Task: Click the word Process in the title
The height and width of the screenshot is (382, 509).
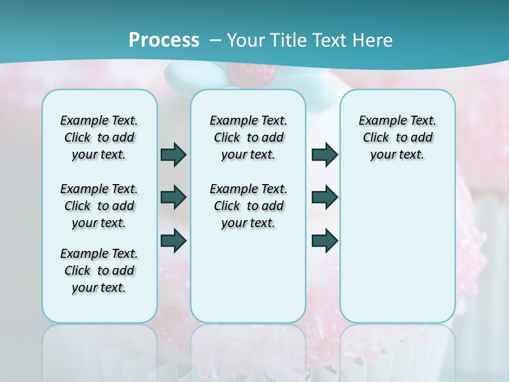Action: click(x=164, y=40)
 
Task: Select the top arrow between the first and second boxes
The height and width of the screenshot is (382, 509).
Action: click(x=173, y=154)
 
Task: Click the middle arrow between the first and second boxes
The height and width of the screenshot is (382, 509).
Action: click(x=173, y=197)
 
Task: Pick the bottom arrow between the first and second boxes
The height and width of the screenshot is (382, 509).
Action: click(x=173, y=240)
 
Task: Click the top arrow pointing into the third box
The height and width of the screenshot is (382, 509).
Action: click(x=324, y=154)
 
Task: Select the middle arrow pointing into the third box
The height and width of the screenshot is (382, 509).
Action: click(x=324, y=197)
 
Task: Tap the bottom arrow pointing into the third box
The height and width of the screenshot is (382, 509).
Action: click(x=324, y=240)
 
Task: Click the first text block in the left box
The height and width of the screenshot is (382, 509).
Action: click(x=99, y=137)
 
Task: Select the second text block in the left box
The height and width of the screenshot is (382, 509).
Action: click(x=99, y=206)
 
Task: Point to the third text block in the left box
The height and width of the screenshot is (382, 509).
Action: click(x=99, y=271)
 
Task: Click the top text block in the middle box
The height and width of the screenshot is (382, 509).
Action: click(x=248, y=137)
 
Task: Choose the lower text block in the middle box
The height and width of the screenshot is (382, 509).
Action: click(x=248, y=206)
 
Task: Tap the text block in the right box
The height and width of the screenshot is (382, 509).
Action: click(x=397, y=137)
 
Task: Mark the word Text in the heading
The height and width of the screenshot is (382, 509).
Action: click(x=330, y=40)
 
